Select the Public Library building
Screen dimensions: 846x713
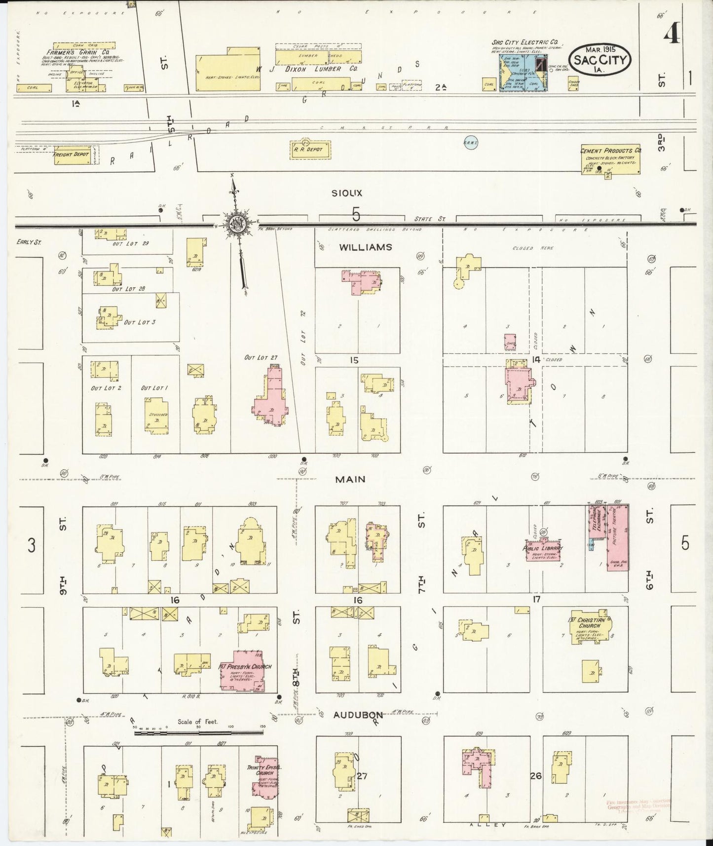[x=543, y=549]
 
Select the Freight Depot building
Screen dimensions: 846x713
[x=71, y=154]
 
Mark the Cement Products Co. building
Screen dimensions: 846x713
[x=610, y=160]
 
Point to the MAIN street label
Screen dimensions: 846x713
[x=350, y=479]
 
